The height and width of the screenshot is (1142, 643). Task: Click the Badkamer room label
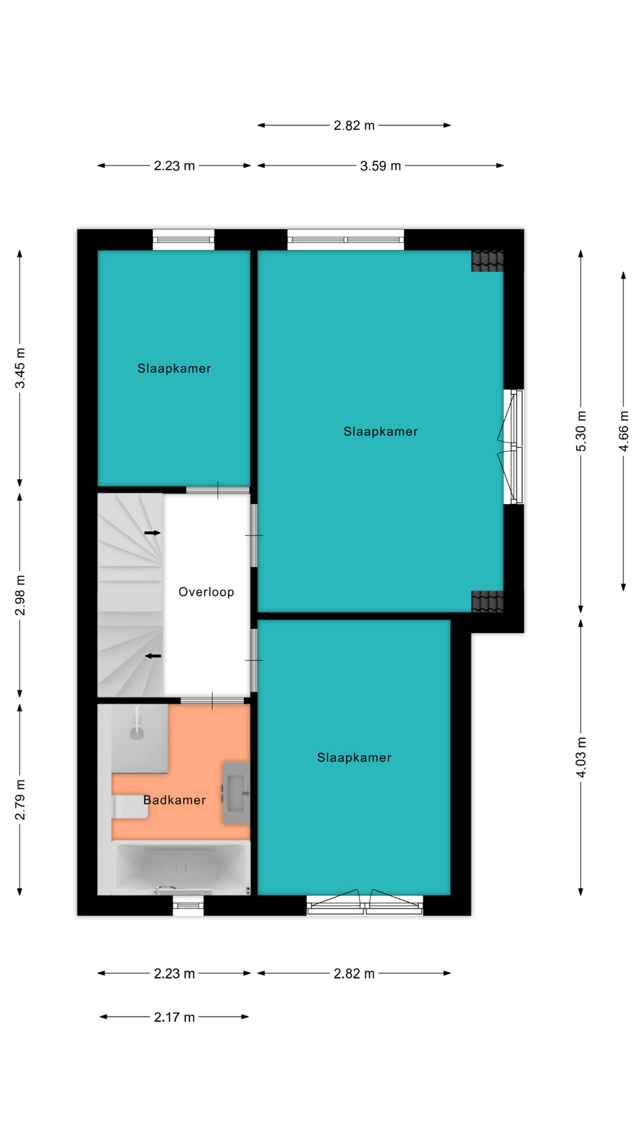[174, 800]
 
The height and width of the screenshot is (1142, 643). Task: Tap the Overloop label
[206, 592]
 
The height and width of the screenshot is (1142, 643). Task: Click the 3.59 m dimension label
[380, 166]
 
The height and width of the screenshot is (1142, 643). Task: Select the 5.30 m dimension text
[581, 431]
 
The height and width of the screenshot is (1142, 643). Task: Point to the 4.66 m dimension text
[624, 431]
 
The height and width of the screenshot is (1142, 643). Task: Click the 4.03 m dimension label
[581, 757]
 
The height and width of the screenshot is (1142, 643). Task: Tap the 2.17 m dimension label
[174, 1017]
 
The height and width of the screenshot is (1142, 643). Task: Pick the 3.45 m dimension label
[20, 368]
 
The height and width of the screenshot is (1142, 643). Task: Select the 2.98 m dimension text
[20, 595]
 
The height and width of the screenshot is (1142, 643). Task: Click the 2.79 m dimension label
[20, 799]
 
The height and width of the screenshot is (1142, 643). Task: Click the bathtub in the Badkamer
[181, 868]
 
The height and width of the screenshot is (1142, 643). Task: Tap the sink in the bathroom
[236, 793]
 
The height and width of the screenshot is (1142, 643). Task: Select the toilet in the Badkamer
[130, 807]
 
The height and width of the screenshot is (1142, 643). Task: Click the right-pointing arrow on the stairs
[153, 533]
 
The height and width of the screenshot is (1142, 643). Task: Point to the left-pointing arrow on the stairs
[154, 656]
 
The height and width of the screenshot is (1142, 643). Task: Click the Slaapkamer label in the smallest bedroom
[174, 369]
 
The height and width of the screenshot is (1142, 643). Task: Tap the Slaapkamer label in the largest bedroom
[380, 432]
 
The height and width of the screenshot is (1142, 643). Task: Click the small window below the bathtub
[188, 905]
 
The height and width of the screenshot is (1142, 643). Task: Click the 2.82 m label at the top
[354, 126]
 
